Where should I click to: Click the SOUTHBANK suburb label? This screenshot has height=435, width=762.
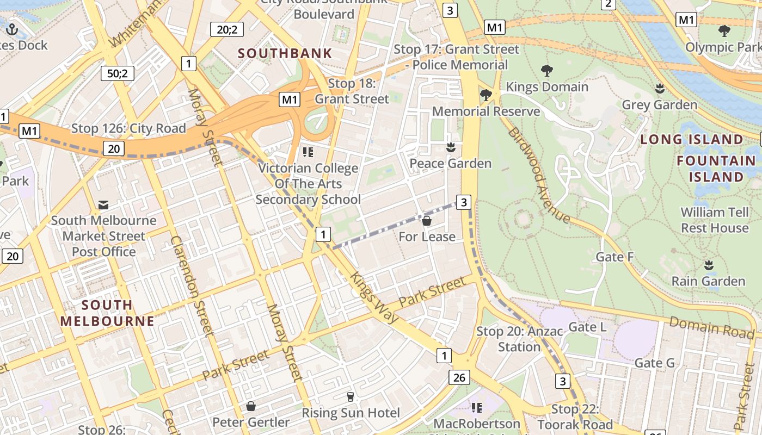[x=285, y=53]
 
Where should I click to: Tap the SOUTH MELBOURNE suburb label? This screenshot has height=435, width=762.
[x=107, y=313]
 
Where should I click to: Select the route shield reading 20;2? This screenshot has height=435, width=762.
[x=227, y=29]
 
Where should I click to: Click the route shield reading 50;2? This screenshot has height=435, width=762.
[x=117, y=73]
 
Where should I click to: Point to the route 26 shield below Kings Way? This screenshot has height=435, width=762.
[x=459, y=377]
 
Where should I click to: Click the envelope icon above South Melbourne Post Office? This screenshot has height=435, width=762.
[x=103, y=205]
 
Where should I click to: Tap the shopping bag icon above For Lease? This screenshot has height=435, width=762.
[x=427, y=221]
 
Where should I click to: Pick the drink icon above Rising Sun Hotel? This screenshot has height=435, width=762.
[x=351, y=397]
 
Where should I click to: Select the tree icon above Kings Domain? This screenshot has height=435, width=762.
[x=547, y=70]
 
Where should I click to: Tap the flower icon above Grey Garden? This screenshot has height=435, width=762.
[x=660, y=88]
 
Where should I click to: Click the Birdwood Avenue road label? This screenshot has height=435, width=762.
[x=538, y=175]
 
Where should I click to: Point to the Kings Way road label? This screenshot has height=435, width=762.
[x=374, y=297]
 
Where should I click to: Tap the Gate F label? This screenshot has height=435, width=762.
[x=615, y=257]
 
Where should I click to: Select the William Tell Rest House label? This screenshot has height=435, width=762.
[x=715, y=220]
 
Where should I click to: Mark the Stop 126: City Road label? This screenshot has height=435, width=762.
[x=128, y=129]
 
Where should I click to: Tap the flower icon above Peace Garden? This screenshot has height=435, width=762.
[x=451, y=147]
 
